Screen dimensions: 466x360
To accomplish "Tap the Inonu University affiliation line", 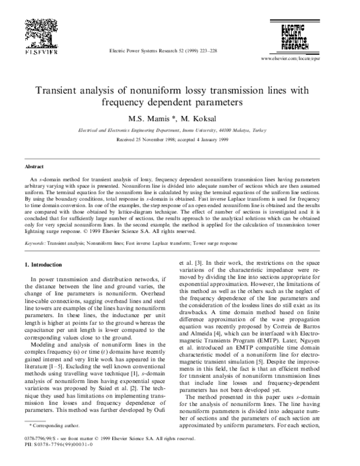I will coord(179,130).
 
